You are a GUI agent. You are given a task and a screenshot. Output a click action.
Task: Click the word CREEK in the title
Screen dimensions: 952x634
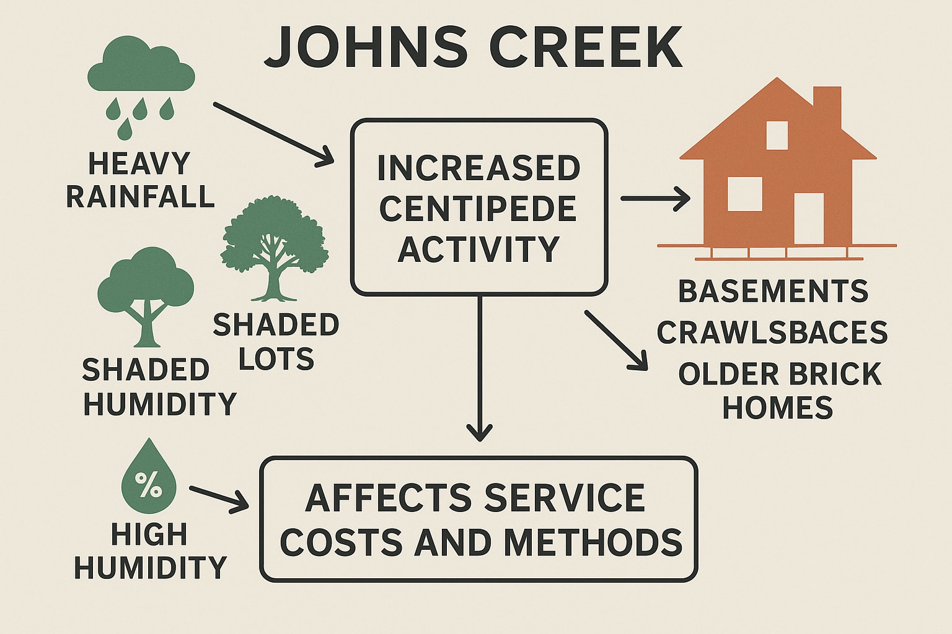586,48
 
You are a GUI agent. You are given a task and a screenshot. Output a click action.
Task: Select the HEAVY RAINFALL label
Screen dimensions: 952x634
140,180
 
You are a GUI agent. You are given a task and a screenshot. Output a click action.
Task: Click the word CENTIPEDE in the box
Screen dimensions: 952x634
478,209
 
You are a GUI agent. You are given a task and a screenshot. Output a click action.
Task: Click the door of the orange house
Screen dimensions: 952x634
809,218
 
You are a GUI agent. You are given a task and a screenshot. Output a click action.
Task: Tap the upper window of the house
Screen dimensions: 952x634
777,135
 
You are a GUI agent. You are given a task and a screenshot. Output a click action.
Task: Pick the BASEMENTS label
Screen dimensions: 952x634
773,292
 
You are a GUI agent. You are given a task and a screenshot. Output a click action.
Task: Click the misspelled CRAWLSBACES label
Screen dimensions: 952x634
772,333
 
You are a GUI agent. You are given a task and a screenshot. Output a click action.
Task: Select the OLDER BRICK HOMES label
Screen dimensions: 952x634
779,391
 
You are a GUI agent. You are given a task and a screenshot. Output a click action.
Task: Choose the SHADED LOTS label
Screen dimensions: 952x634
276,342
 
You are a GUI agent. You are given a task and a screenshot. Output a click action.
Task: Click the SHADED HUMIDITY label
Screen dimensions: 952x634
159,387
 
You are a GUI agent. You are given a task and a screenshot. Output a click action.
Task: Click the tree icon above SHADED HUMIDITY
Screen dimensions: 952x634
146,295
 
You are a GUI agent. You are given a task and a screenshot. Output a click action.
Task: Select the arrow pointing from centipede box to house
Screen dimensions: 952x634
655,199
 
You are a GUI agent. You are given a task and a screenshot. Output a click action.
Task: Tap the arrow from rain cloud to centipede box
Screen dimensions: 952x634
273,133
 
